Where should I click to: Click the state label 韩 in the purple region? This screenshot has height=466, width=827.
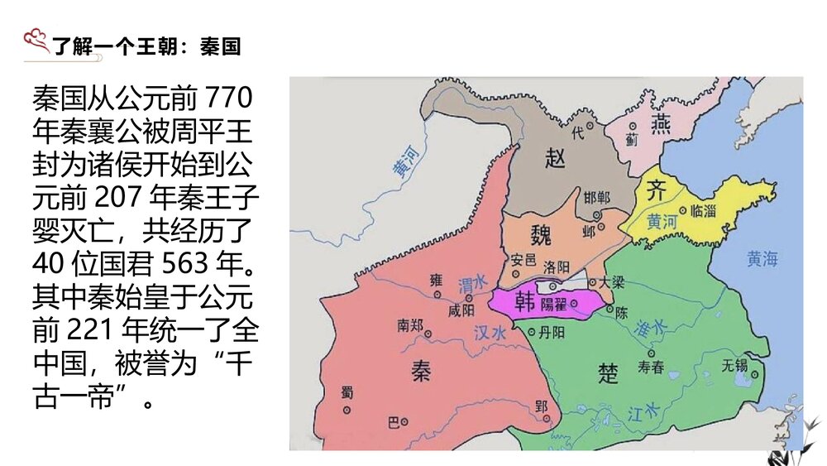[525, 301]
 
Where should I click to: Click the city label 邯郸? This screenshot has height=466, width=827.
[596, 197]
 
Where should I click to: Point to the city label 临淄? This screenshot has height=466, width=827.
[703, 210]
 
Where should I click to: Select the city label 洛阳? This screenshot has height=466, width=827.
[557, 267]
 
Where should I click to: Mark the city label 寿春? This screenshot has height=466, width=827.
[651, 368]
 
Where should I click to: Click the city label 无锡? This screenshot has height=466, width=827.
[734, 363]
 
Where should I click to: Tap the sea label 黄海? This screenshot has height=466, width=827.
[762, 258]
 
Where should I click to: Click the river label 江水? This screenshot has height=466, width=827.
[643, 411]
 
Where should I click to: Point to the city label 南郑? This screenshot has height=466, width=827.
[410, 325]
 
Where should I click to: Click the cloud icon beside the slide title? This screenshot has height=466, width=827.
[36, 38]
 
